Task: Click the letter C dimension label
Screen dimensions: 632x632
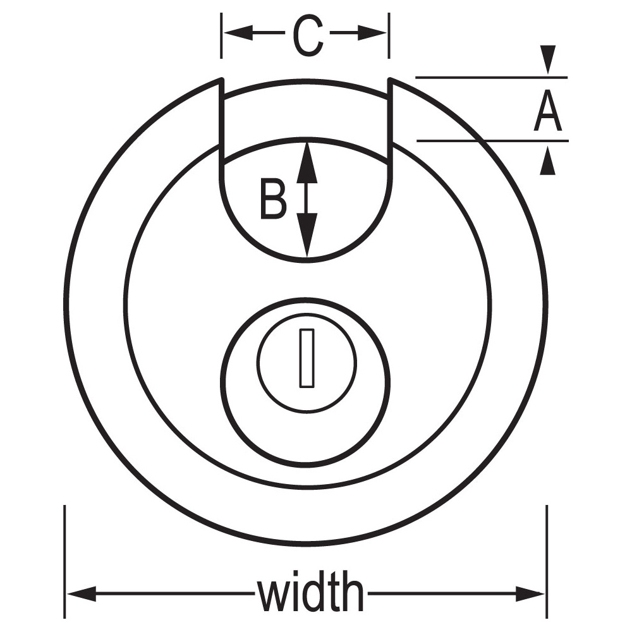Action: tap(308, 36)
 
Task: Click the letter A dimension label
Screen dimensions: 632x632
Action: tap(547, 110)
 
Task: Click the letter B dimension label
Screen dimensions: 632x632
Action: tap(274, 199)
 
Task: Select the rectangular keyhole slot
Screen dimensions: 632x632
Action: tap(307, 358)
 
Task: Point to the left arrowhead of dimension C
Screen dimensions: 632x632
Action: tap(239, 33)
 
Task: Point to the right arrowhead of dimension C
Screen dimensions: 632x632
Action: tap(372, 33)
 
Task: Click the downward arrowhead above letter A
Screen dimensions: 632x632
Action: tap(548, 59)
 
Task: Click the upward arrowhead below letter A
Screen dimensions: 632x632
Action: tap(548, 161)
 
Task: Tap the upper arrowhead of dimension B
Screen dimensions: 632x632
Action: tap(307, 162)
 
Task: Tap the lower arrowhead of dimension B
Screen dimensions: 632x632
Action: tap(307, 235)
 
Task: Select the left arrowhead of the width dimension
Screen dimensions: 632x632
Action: tap(82, 593)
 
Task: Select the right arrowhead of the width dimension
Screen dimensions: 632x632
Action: tap(530, 593)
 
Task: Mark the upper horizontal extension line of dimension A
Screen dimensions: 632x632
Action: tap(491, 77)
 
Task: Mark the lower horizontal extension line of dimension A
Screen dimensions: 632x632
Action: tap(492, 141)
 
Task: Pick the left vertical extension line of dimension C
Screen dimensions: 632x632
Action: tap(221, 35)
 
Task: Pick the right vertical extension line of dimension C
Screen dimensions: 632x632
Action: tap(389, 35)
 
